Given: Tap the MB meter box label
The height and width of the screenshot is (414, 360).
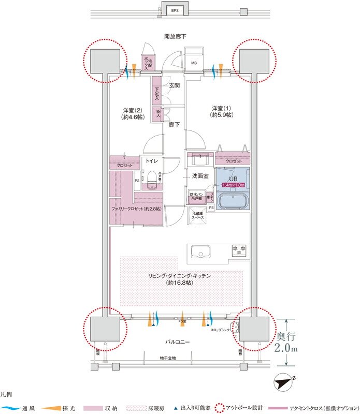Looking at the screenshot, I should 194,64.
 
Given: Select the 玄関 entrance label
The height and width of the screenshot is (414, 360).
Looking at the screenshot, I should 174,85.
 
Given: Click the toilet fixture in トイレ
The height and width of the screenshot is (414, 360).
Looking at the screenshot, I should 152,181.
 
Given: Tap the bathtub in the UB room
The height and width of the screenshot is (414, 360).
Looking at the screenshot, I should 233,200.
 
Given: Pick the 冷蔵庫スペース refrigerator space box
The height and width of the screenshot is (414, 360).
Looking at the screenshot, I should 197,216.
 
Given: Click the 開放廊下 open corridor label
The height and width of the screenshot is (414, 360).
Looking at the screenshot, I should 175,36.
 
